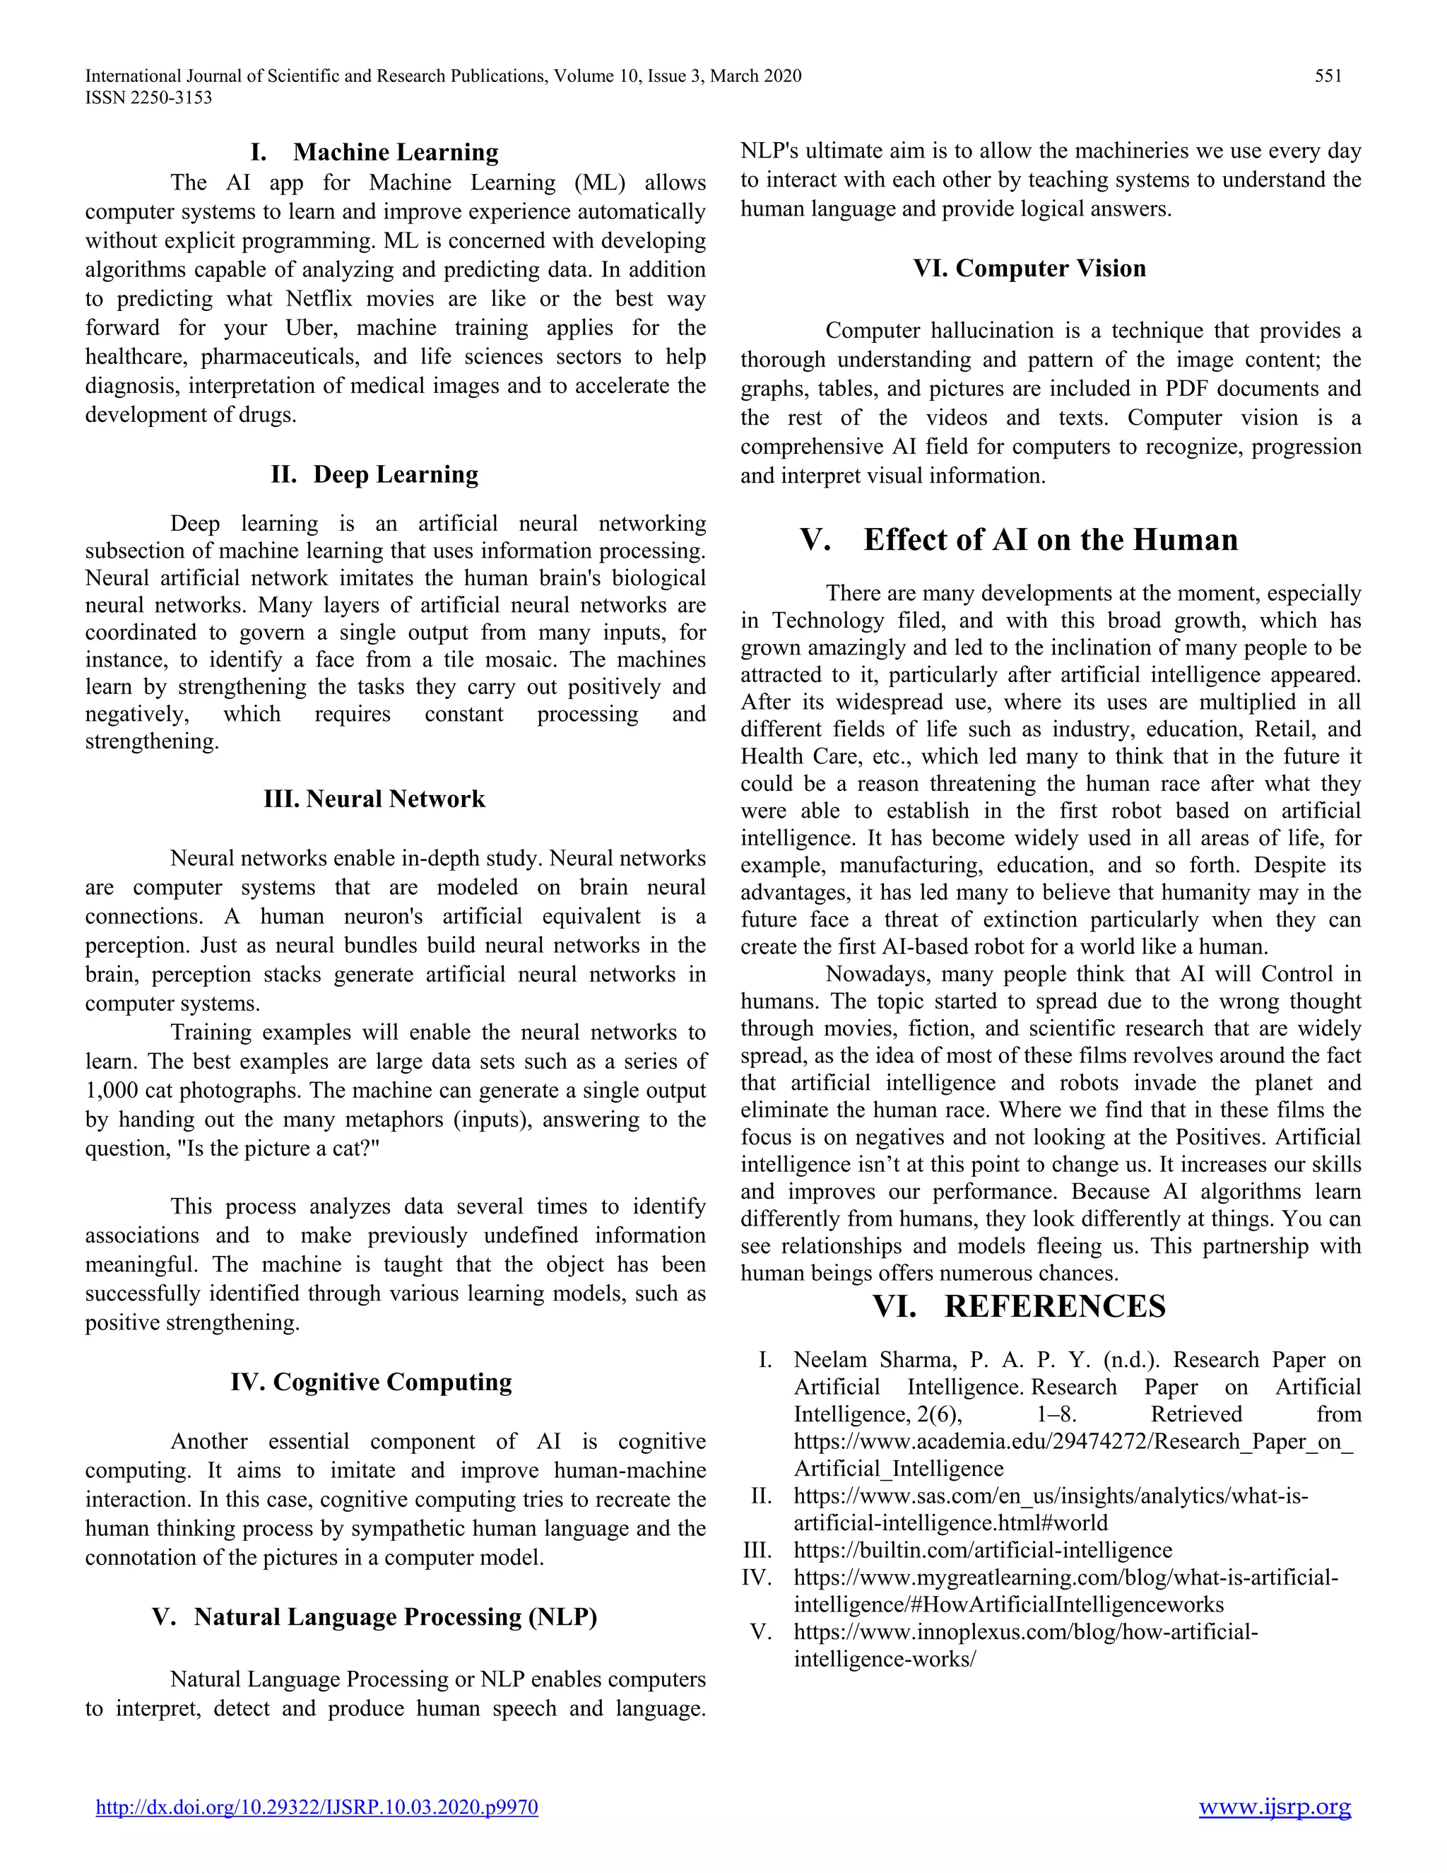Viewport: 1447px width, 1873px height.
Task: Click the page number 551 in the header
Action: (x=1328, y=76)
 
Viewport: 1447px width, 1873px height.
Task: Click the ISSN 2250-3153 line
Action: (x=148, y=98)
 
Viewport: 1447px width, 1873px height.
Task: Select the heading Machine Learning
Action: (x=395, y=153)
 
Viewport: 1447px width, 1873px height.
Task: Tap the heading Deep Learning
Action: (x=395, y=474)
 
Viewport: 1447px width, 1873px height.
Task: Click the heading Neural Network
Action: (x=395, y=799)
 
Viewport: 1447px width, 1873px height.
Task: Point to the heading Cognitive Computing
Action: (x=391, y=1382)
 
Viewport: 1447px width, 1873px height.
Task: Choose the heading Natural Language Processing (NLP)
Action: (x=395, y=1616)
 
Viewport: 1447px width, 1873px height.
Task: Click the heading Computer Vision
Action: (x=1050, y=269)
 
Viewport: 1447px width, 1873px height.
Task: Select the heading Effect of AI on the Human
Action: (x=1050, y=539)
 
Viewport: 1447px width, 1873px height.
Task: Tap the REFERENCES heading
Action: (x=1054, y=1306)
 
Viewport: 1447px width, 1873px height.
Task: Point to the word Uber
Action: (x=313, y=329)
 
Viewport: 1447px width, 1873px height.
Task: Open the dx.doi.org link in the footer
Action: (x=317, y=1807)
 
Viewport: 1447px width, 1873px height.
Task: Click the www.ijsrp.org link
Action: (x=1274, y=1807)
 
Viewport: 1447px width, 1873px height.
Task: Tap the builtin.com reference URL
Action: (x=982, y=1551)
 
